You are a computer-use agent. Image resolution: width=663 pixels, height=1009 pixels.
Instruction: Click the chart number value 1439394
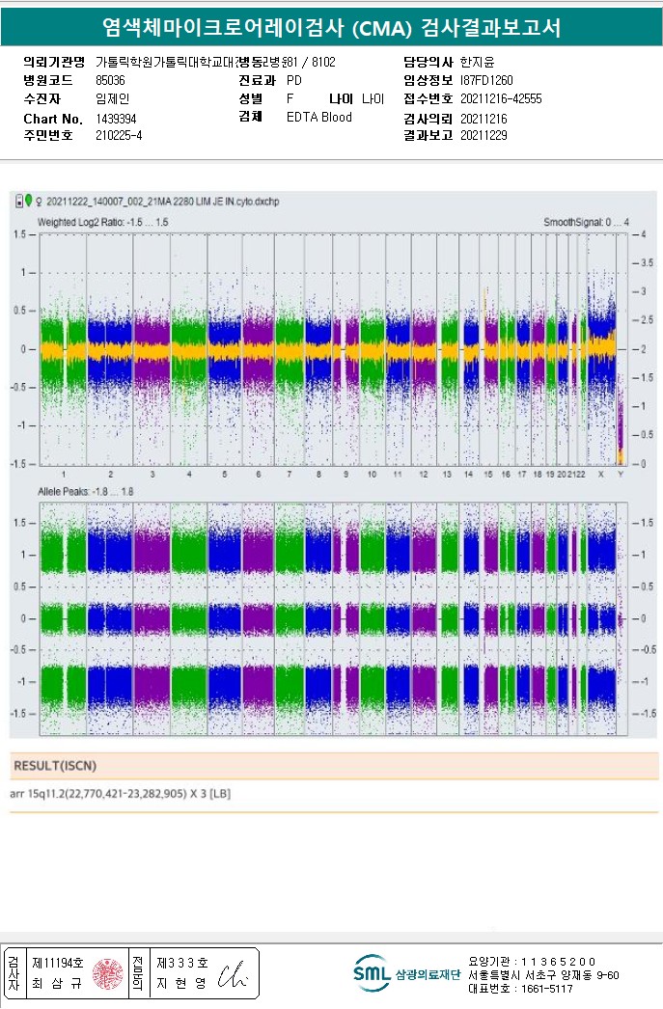click(x=116, y=119)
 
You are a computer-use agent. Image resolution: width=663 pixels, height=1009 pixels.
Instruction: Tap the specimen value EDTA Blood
click(x=319, y=118)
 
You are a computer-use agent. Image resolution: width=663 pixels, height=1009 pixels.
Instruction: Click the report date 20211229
click(x=483, y=136)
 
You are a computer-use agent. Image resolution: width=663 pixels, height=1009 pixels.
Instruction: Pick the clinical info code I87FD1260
click(x=487, y=81)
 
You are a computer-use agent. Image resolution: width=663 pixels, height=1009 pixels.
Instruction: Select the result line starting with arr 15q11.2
click(x=121, y=794)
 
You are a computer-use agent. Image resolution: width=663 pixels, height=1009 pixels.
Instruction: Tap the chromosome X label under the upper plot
click(x=601, y=475)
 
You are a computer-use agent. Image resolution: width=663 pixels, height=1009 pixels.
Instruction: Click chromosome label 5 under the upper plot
click(x=224, y=475)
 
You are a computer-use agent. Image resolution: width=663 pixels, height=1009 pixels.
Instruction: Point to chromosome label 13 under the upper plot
click(x=447, y=475)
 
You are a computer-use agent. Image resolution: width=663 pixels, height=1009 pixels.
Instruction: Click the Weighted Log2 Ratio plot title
click(x=102, y=222)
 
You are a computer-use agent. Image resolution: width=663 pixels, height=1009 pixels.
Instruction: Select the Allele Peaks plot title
click(x=83, y=492)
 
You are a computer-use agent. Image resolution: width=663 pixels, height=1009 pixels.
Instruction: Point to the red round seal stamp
click(x=107, y=974)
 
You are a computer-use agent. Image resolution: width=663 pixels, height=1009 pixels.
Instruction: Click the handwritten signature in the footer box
click(x=235, y=975)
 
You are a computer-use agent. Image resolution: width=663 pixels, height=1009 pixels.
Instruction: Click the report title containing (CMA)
click(x=331, y=28)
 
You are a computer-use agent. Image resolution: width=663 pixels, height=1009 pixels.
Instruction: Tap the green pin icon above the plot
click(x=29, y=201)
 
